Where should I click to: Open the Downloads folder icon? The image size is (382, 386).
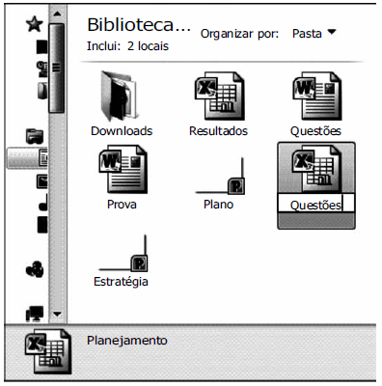122,97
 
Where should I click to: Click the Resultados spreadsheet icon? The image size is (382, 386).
218,97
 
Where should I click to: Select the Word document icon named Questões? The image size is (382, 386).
314,97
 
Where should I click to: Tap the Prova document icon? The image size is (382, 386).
122,172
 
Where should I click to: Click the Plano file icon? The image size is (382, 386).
226,178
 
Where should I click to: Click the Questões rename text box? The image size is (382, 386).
315,204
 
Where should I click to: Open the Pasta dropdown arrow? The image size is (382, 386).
332,32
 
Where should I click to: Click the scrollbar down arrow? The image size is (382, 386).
57,314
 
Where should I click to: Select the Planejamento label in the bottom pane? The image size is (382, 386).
127,340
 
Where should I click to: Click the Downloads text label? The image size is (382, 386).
122,130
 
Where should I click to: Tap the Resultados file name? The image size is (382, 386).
218,130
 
